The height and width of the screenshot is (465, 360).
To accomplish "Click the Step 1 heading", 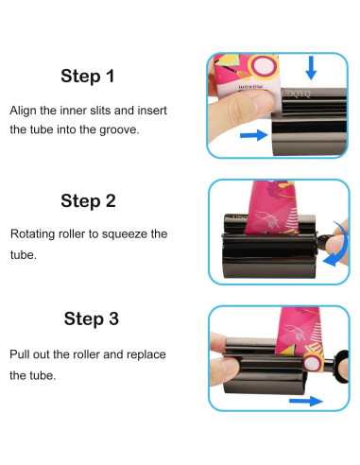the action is click(88, 77).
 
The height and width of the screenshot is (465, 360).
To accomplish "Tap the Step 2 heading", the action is click(88, 201).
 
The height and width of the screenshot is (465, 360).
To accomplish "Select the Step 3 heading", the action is click(92, 319).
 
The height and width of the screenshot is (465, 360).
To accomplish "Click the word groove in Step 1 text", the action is click(119, 130).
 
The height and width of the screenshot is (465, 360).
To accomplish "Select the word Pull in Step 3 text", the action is click(20, 354).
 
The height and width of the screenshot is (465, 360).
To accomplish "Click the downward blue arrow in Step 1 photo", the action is click(311, 68).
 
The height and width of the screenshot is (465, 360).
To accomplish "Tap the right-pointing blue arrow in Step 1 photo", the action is click(254, 135).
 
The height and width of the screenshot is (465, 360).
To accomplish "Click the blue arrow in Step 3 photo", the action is click(306, 401).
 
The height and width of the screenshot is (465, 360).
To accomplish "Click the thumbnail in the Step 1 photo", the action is click(264, 103).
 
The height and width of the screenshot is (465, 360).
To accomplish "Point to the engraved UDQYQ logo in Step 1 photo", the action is click(297, 94).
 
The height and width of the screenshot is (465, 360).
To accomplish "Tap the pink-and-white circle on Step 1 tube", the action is click(264, 66).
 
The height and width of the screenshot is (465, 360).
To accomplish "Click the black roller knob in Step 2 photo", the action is click(322, 242).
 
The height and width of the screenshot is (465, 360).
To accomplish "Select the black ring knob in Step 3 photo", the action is click(341, 366).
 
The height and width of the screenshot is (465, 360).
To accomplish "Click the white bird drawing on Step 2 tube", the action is click(267, 218).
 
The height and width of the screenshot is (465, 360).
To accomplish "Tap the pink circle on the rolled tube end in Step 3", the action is click(313, 362).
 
